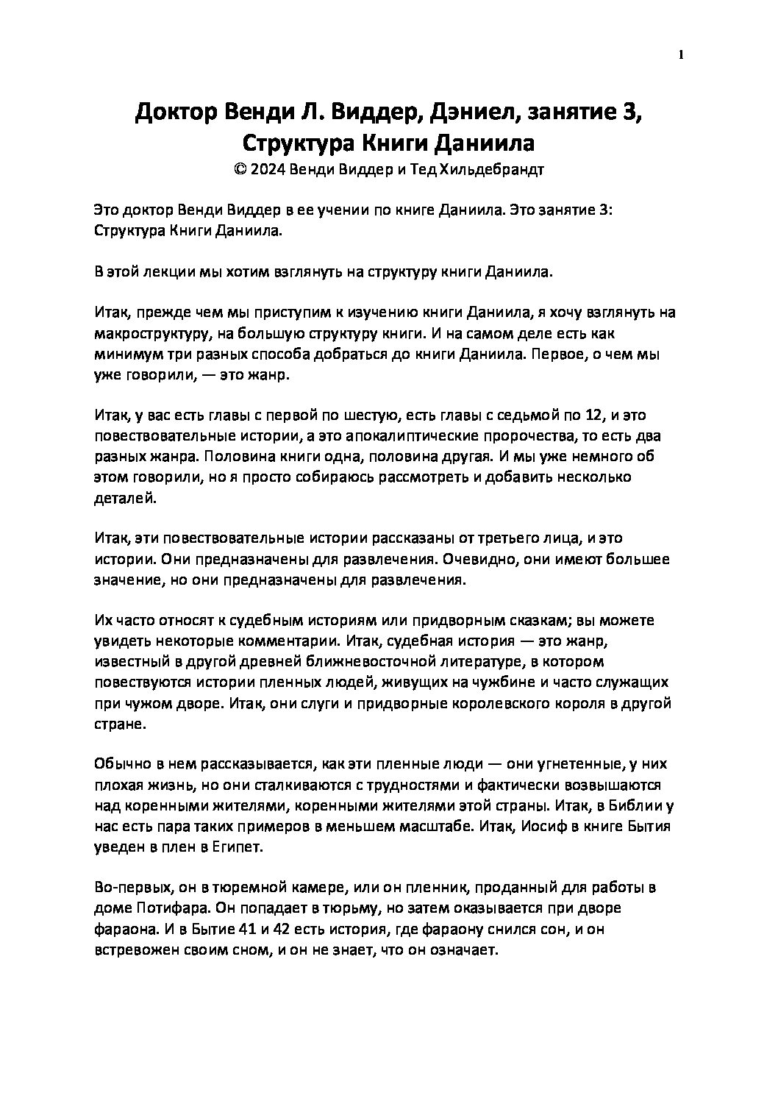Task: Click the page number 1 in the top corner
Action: click(x=681, y=54)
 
